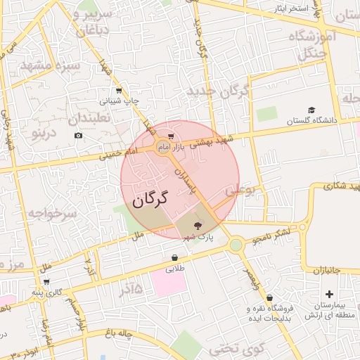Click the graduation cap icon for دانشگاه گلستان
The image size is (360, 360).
click(311, 110)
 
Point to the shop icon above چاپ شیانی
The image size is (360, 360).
click(118, 90)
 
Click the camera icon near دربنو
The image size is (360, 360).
click(77, 135)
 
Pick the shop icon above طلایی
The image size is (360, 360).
click(174, 257)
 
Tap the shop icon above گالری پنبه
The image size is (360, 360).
click(46, 281)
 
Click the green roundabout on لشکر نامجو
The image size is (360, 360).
click(236, 245)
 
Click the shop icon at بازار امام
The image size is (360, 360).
click(172, 136)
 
